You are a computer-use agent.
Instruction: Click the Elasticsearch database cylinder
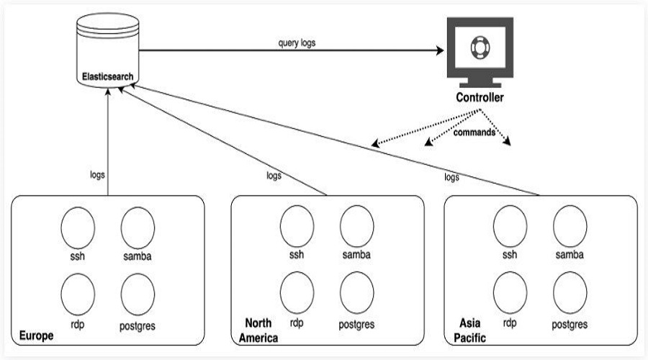click(108, 50)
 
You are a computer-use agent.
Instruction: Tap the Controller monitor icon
click(480, 52)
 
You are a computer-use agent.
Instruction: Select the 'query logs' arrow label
click(297, 43)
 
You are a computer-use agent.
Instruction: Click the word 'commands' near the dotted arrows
click(474, 132)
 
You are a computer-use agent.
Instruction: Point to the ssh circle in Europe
click(78, 228)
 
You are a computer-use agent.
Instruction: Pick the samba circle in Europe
click(138, 228)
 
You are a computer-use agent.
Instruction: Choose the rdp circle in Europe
click(78, 294)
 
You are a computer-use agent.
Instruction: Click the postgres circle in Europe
click(138, 294)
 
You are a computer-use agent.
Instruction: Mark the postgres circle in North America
click(356, 292)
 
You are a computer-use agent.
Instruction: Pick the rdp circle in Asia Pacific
click(510, 292)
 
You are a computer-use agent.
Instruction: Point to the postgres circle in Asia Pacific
click(570, 292)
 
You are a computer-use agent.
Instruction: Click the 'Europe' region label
click(37, 336)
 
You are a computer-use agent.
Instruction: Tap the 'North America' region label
click(258, 330)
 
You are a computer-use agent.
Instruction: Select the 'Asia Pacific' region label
click(470, 330)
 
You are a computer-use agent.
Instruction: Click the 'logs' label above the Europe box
click(97, 175)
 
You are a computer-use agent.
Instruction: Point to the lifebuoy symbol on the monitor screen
click(480, 47)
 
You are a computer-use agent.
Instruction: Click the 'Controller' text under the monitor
click(480, 97)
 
